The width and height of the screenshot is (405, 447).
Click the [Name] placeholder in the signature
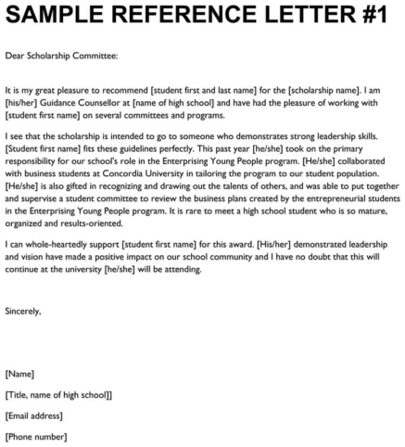[x=20, y=374]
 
